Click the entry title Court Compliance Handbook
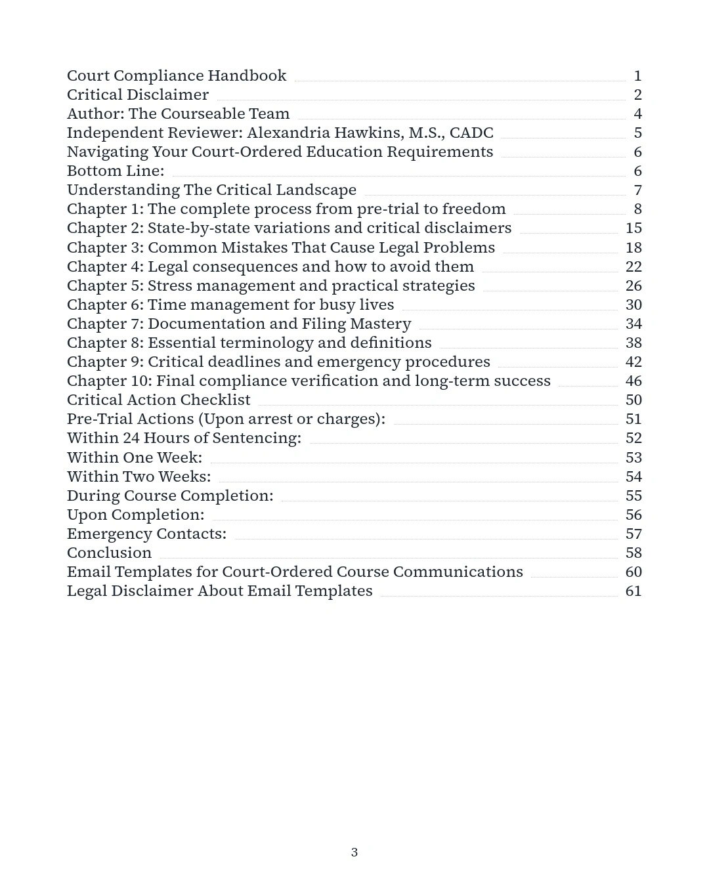pyautogui.click(x=176, y=76)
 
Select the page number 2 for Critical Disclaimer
pyautogui.click(x=637, y=95)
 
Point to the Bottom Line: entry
pyautogui.click(x=116, y=171)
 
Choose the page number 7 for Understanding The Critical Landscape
pyautogui.click(x=637, y=190)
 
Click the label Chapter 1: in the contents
pyautogui.click(x=105, y=209)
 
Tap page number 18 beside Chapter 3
pyautogui.click(x=633, y=248)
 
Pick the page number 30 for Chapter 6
pyautogui.click(x=633, y=305)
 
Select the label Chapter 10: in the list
pyautogui.click(x=109, y=381)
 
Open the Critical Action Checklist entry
pyautogui.click(x=158, y=400)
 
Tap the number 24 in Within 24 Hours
pyautogui.click(x=131, y=438)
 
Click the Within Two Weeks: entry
pyautogui.click(x=139, y=477)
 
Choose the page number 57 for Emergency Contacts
pyautogui.click(x=633, y=534)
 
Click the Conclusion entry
pyautogui.click(x=109, y=553)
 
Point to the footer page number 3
pyautogui.click(x=354, y=853)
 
